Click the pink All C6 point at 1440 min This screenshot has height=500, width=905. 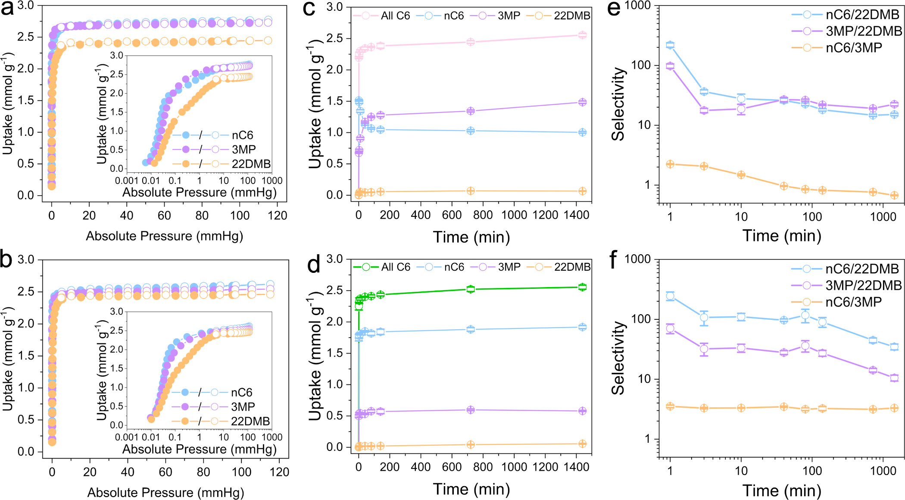click(582, 35)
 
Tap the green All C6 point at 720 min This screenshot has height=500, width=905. click(471, 289)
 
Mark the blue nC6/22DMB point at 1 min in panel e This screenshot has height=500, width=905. click(670, 45)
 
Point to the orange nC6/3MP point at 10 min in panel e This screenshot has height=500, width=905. click(741, 175)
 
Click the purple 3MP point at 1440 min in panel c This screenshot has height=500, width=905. click(582, 102)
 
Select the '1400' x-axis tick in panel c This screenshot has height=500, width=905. click(577, 215)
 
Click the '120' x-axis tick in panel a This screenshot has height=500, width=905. click(278, 216)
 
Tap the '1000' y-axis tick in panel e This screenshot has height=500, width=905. click(637, 6)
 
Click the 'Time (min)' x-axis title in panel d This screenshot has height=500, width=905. click(471, 489)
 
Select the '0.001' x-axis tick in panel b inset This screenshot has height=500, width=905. click(127, 437)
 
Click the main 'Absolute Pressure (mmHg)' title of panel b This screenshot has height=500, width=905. click(165, 493)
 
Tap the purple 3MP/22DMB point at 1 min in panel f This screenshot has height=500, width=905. click(670, 328)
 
